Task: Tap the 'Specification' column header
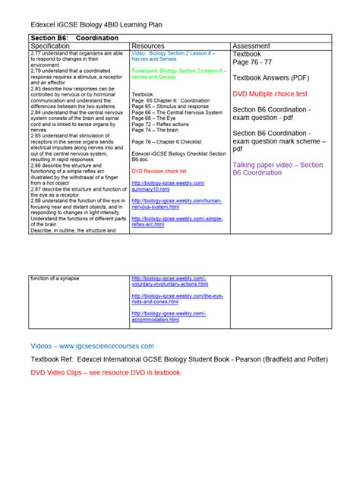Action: click(54, 46)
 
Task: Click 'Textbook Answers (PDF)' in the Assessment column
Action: click(271, 78)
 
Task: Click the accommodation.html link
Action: click(162, 317)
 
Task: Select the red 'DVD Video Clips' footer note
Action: click(106, 373)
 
